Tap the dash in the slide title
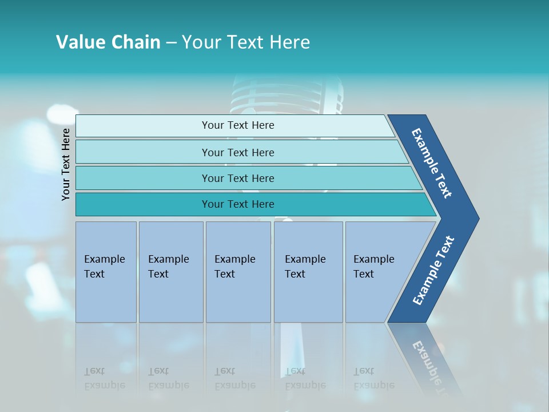pyautogui.click(x=171, y=43)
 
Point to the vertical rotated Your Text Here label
pyautogui.click(x=66, y=164)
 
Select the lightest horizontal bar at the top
pyautogui.click(x=237, y=125)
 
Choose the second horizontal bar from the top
pyautogui.click(x=237, y=152)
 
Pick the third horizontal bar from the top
pyautogui.click(x=237, y=178)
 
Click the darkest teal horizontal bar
pyautogui.click(x=237, y=204)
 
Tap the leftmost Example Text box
pyautogui.click(x=106, y=272)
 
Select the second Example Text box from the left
pyautogui.click(x=170, y=272)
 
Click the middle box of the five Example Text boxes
pyautogui.click(x=238, y=272)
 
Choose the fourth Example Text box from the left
pyautogui.click(x=308, y=272)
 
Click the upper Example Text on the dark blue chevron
pyautogui.click(x=432, y=163)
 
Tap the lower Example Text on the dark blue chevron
pyautogui.click(x=433, y=271)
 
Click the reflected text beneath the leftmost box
pyautogui.click(x=104, y=378)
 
